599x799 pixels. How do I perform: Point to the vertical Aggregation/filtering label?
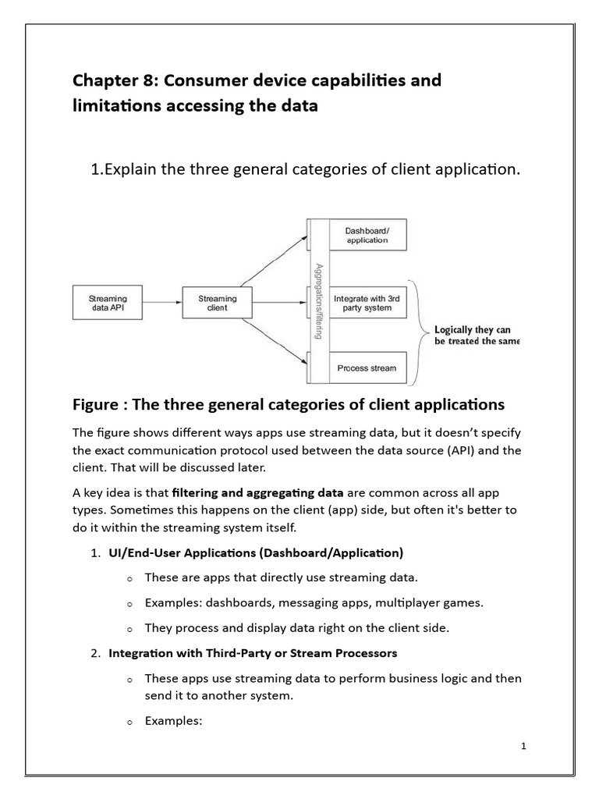pyautogui.click(x=317, y=300)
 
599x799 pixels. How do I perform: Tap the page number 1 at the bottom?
pyautogui.click(x=523, y=747)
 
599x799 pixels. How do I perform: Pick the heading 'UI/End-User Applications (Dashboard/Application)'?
pyautogui.click(x=256, y=552)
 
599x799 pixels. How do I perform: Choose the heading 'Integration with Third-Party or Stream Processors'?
pyautogui.click(x=253, y=652)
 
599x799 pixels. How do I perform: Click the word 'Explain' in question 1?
pyautogui.click(x=129, y=171)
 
